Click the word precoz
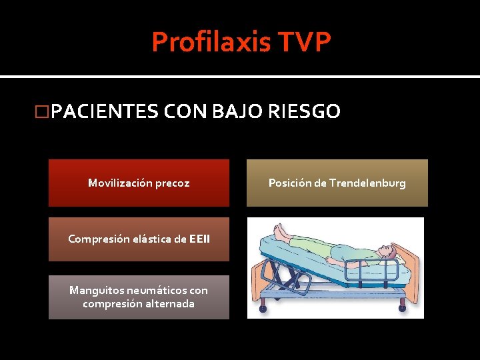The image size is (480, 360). [x=173, y=183]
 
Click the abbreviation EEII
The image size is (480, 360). [x=199, y=239]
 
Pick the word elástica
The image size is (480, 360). [x=151, y=239]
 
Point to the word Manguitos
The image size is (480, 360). [x=95, y=291]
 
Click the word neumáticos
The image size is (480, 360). [x=155, y=291]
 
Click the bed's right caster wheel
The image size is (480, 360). [x=402, y=307]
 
